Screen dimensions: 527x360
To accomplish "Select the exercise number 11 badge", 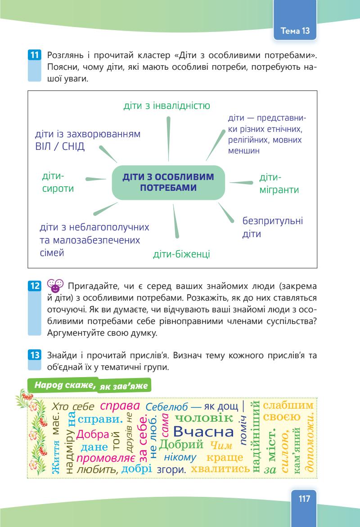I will coord(34,56).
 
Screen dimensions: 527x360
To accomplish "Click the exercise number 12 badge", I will coord(34,285).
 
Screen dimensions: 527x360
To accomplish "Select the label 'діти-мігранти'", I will coord(279,184).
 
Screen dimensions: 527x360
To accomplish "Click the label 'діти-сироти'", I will coord(58,182).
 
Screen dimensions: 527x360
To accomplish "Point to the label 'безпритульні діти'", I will coord(272,227).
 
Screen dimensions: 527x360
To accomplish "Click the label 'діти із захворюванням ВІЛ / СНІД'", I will coord(88,141).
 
